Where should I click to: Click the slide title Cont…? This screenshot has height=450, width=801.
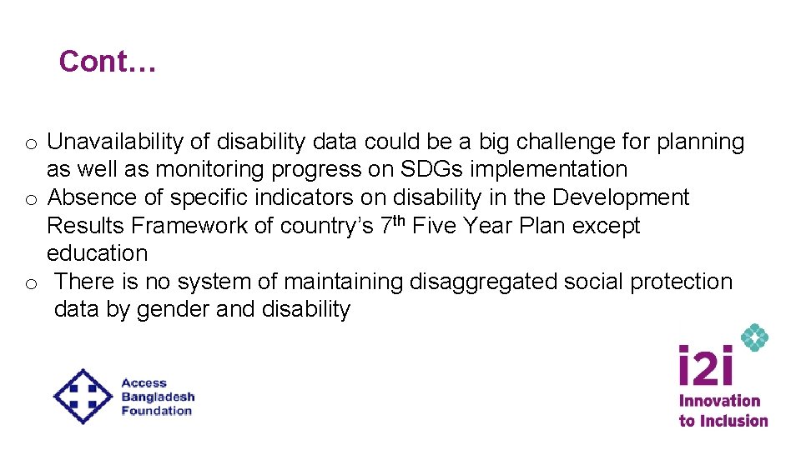click(107, 61)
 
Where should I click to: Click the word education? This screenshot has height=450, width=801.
click(97, 253)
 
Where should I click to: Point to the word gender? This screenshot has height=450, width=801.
click(172, 309)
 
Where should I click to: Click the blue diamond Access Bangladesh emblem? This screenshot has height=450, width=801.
click(83, 396)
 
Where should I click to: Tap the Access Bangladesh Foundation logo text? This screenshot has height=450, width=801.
click(157, 397)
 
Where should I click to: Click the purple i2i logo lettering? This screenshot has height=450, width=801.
click(705, 367)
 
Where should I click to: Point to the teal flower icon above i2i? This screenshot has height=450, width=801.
click(754, 337)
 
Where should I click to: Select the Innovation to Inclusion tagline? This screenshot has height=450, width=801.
click(723, 411)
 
